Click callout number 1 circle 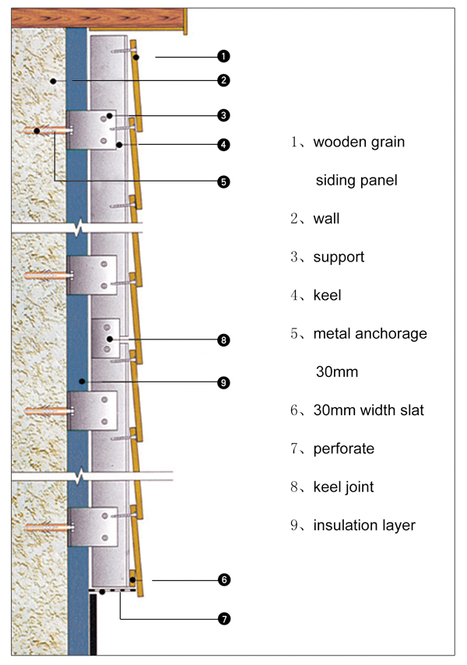[x=223, y=55]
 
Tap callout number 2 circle [x=223, y=79]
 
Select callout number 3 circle [x=223, y=115]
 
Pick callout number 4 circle [x=223, y=144]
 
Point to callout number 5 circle [x=223, y=181]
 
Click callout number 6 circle [x=223, y=580]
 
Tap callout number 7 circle [x=223, y=620]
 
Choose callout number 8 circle [x=223, y=340]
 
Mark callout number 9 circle [x=223, y=382]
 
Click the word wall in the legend [x=326, y=219]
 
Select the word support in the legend [x=338, y=257]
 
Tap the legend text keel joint [x=343, y=487]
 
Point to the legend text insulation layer [x=364, y=526]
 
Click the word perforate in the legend [x=343, y=449]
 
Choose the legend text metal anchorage [x=370, y=334]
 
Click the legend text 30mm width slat [x=368, y=410]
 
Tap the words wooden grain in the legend [x=359, y=142]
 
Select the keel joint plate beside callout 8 [x=107, y=336]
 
